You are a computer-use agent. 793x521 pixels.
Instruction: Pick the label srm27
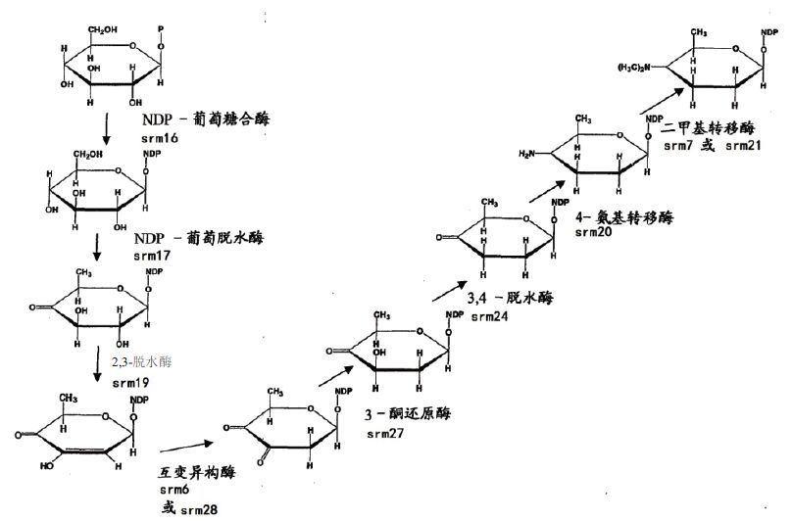coord(387,432)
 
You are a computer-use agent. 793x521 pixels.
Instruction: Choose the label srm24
coord(489,317)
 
